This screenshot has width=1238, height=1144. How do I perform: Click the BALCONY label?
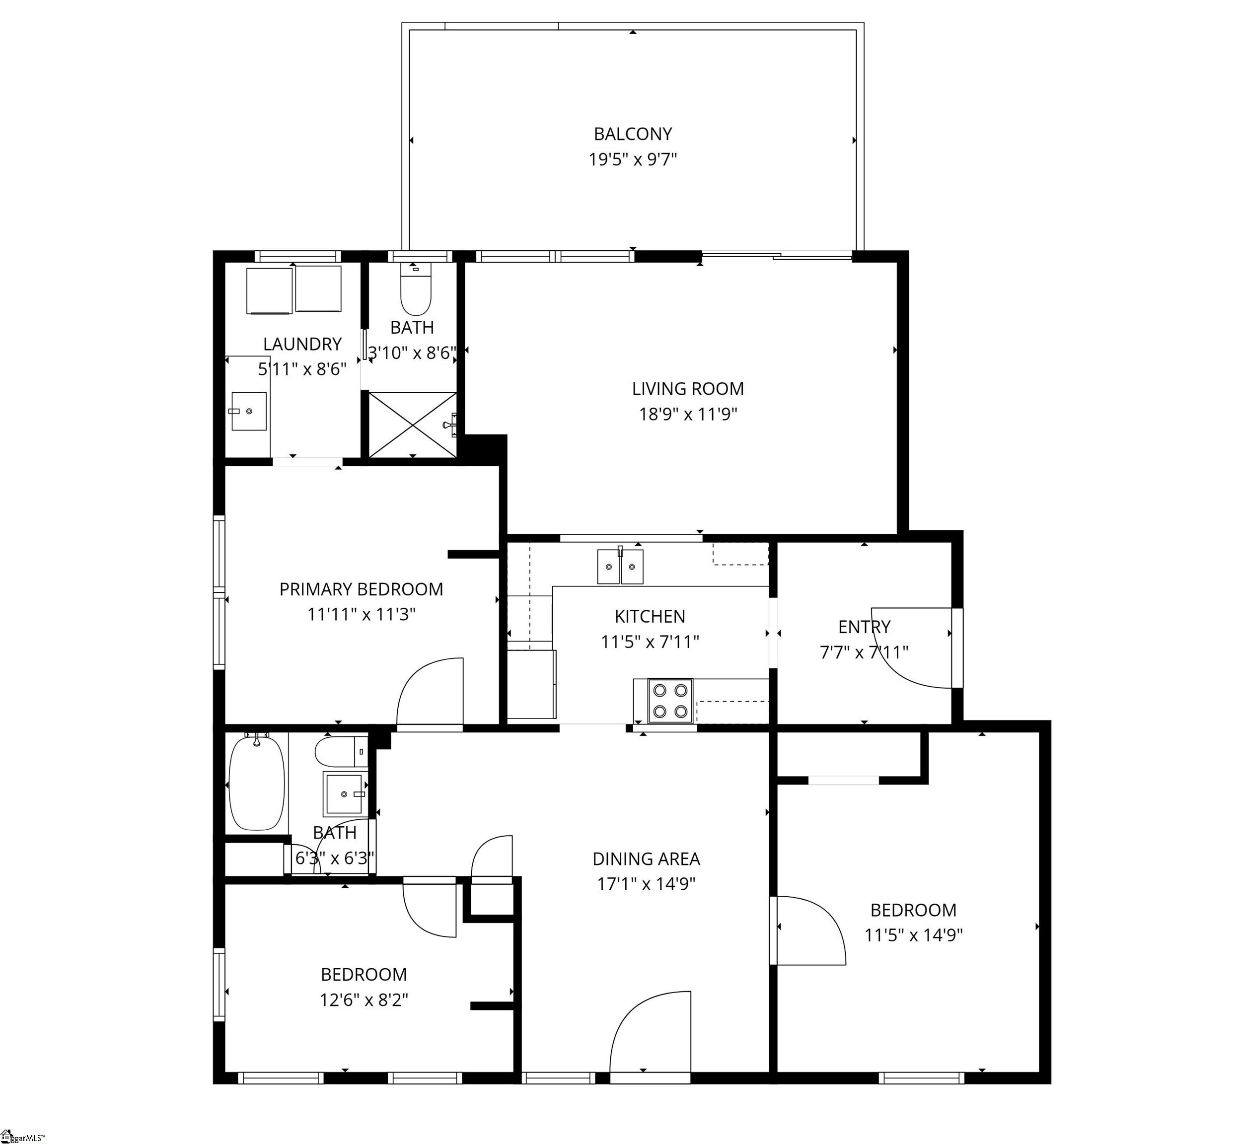(x=633, y=134)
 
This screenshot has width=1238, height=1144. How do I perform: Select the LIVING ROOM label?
(x=688, y=389)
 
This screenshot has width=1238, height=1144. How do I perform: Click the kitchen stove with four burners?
(x=670, y=700)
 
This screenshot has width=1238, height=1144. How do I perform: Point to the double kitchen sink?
(x=620, y=567)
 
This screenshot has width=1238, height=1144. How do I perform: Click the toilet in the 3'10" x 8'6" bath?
(x=415, y=289)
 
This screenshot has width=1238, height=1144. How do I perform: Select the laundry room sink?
(x=249, y=411)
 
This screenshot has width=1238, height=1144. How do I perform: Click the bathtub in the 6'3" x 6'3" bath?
(x=257, y=783)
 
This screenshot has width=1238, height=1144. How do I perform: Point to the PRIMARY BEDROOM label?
(x=362, y=589)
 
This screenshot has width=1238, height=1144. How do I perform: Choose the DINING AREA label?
(x=646, y=858)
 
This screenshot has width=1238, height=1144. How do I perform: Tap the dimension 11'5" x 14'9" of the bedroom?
(x=914, y=935)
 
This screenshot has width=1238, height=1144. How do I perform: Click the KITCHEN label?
(x=650, y=617)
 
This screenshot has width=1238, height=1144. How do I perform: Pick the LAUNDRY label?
(x=302, y=344)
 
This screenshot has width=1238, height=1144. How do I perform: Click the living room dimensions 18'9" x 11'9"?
(x=688, y=414)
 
